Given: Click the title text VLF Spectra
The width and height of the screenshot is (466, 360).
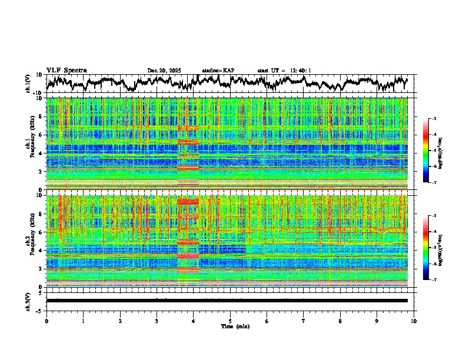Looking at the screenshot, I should click(66, 71).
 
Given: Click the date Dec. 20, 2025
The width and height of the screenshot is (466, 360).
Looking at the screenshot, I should click(164, 71).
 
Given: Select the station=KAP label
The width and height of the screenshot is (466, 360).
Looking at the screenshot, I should click(218, 71).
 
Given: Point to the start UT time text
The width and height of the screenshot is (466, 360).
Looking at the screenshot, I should click(284, 71).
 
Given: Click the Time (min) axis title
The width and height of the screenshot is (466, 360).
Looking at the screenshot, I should click(230, 326).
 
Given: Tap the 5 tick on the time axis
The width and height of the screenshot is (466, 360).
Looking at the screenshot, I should click(230, 321).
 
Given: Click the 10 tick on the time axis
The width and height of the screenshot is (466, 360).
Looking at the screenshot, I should click(414, 321).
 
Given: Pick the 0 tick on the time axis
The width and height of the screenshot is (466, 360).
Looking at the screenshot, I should click(46, 321).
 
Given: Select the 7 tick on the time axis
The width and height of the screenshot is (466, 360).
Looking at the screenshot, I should click(304, 321).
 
